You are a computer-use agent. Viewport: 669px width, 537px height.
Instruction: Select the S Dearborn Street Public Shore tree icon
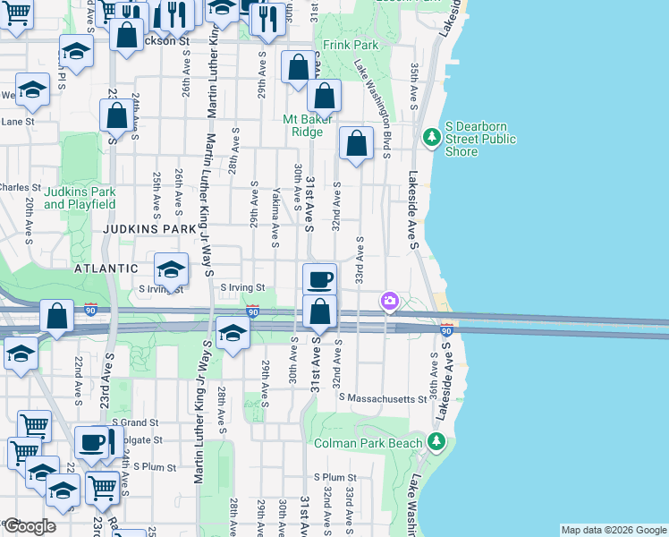tap(432, 136)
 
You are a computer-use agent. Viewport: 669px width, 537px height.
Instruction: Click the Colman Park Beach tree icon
tap(436, 441)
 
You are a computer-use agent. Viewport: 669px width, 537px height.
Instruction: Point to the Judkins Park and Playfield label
tap(80, 198)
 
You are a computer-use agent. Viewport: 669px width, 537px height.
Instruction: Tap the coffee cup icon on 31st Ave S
tap(319, 279)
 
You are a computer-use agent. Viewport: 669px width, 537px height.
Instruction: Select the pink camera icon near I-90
tap(389, 301)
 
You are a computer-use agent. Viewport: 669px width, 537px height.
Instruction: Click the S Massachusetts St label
tap(382, 398)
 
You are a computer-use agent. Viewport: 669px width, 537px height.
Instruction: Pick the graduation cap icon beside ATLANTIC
tap(171, 268)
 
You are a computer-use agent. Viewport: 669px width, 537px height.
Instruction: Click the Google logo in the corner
tap(30, 526)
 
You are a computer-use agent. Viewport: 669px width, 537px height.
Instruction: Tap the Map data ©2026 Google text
tap(613, 530)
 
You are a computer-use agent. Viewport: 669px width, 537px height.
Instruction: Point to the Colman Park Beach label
tap(379, 443)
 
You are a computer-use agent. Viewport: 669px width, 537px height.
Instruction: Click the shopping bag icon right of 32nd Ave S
tap(356, 143)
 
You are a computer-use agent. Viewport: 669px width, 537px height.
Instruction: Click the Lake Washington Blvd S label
tap(373, 108)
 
